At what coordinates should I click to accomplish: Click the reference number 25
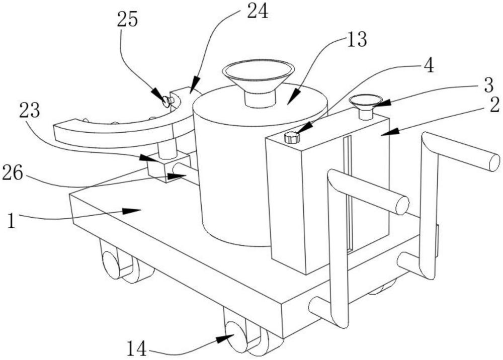pyautogui.click(x=127, y=20)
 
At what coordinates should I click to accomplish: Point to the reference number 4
pyautogui.click(x=429, y=66)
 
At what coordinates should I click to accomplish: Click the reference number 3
pyautogui.click(x=488, y=84)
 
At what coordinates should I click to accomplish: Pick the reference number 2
pyautogui.click(x=494, y=105)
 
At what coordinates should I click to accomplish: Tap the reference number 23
pyautogui.click(x=30, y=111)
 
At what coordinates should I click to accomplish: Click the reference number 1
pyautogui.click(x=12, y=221)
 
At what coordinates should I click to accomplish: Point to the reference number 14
pyautogui.click(x=137, y=348)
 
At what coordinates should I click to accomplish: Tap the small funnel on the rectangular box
pyautogui.click(x=366, y=106)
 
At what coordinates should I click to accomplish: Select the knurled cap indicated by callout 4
pyautogui.click(x=292, y=137)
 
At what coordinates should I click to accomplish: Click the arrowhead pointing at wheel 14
pyautogui.click(x=225, y=338)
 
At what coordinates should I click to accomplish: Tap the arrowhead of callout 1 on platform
pyautogui.click(x=132, y=211)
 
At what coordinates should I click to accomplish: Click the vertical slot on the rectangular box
pyautogui.click(x=349, y=193)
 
